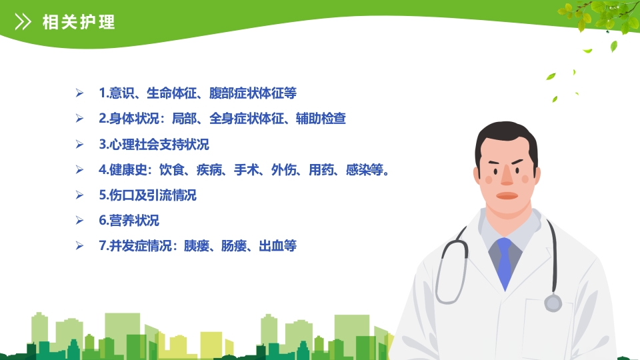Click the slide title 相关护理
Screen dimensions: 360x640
[x=79, y=22]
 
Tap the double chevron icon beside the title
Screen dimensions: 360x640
[x=23, y=22]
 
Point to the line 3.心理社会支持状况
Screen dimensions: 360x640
[x=154, y=144]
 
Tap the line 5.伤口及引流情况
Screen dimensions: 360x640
[x=147, y=195]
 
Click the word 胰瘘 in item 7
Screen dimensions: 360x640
[x=197, y=246]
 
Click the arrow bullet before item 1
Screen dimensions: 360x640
[x=79, y=93]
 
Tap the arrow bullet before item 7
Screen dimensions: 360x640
[x=79, y=246]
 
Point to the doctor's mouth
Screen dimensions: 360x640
[x=507, y=196]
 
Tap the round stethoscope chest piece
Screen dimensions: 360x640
[x=553, y=303]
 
